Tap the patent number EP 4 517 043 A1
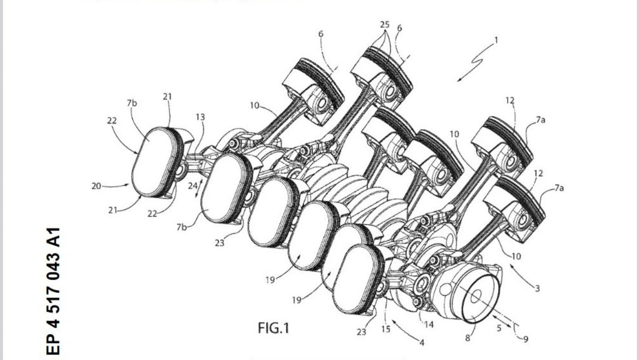point(54,291)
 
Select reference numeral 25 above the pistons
point(384,25)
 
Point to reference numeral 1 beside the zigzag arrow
point(496,40)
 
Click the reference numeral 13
point(200,117)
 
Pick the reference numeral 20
point(96,186)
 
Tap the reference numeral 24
point(192,186)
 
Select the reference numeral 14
point(429,324)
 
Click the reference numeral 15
point(386,329)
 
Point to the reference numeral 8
point(468,338)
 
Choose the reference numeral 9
point(526,339)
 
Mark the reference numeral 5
point(499,328)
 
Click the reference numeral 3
point(537,288)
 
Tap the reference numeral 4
point(422,343)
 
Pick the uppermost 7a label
point(540,120)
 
